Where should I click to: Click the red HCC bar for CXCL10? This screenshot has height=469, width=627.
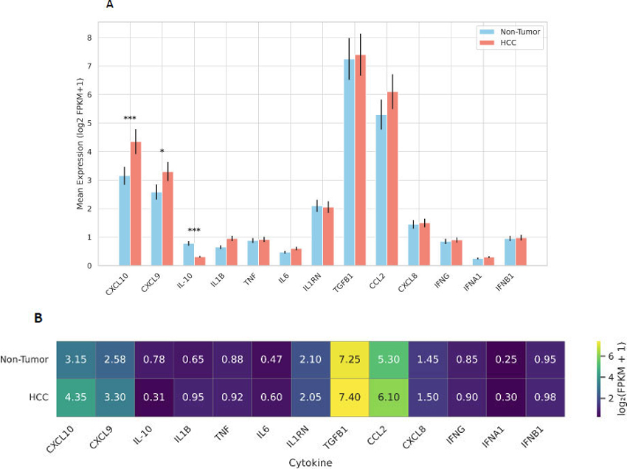(x=136, y=204)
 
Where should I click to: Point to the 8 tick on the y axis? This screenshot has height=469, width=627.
(x=89, y=38)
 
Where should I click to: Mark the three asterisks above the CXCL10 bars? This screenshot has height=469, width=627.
(x=130, y=119)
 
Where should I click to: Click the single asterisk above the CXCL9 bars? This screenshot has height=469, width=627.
(x=162, y=152)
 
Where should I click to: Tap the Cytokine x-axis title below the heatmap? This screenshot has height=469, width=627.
(x=310, y=461)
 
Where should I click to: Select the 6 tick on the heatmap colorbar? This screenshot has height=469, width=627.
(x=609, y=355)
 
